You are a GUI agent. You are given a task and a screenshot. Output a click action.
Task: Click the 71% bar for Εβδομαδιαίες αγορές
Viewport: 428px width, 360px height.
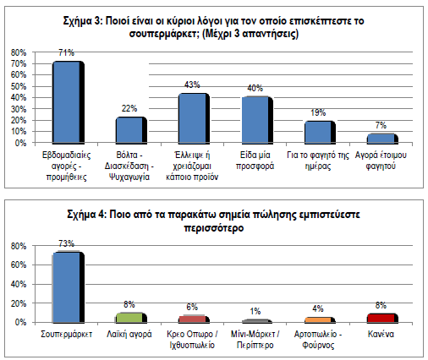(69, 101)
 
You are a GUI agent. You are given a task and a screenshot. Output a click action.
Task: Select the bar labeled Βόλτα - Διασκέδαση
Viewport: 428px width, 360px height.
(131, 129)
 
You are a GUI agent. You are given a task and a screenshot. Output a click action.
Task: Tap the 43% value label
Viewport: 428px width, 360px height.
(192, 85)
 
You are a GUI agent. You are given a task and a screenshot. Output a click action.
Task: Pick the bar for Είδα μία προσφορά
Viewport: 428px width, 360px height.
(257, 120)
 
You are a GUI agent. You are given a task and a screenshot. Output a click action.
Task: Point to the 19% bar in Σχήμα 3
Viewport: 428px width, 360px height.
(320, 132)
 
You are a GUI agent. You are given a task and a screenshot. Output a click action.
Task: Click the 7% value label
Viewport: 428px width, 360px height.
(381, 125)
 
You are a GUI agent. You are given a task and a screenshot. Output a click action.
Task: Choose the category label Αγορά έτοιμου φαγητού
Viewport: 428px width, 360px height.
(381, 161)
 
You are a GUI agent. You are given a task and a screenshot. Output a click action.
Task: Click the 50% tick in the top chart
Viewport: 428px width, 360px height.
(19, 86)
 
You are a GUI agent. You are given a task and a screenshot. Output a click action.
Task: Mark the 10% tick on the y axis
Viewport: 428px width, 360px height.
(19, 132)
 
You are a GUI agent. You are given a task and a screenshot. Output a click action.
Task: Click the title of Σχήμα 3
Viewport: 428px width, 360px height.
(214, 27)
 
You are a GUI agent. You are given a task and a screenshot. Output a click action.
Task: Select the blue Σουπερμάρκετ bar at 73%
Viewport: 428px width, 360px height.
(69, 286)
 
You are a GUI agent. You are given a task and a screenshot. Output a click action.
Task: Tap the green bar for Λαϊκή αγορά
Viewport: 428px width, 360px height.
(131, 318)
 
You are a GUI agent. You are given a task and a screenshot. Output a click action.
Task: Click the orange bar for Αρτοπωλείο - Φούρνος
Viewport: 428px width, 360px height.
(320, 319)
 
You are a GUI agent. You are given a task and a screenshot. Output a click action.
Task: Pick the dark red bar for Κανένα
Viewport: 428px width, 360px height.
(382, 318)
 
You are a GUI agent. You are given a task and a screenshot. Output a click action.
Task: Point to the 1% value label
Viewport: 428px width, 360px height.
(255, 311)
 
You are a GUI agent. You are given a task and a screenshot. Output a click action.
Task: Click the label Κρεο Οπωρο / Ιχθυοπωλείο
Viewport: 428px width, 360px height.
(192, 340)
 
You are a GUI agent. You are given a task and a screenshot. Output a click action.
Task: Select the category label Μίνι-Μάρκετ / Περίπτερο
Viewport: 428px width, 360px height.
(255, 340)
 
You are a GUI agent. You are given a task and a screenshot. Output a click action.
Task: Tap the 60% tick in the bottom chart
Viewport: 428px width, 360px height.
(19, 265)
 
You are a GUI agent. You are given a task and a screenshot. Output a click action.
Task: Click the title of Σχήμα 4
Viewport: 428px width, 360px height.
(214, 221)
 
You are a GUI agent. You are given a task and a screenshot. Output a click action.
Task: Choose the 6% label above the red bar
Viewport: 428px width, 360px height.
(192, 307)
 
